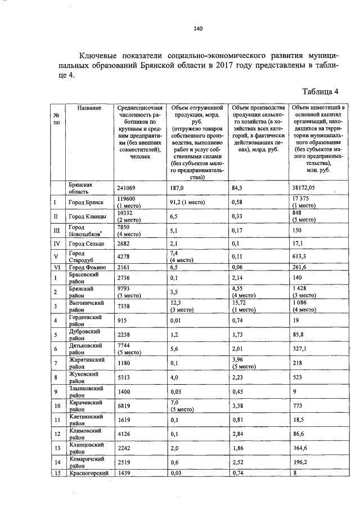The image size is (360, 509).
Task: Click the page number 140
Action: coord(197,28)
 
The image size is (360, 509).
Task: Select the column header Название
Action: coord(89,107)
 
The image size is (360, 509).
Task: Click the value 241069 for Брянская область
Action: coord(127,188)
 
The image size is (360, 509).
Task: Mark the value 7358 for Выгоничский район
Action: coord(124,306)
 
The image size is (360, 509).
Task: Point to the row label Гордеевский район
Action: coord(84,321)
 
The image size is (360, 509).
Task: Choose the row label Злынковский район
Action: coord(85,391)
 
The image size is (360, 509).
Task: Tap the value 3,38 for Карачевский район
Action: coord(238,406)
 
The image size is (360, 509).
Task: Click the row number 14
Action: coord(57,462)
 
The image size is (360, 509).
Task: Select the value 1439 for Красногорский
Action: coord(124,474)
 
